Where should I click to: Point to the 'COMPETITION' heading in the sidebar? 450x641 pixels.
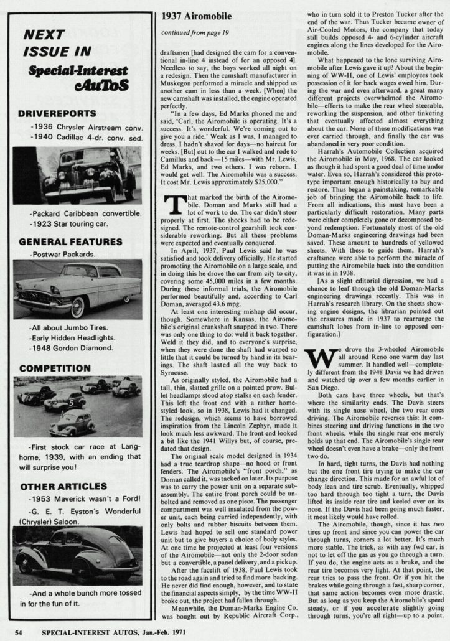[x=55, y=368]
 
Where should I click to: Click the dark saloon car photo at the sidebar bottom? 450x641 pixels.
[x=77, y=556]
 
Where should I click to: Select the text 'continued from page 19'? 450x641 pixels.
[x=193, y=33]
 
